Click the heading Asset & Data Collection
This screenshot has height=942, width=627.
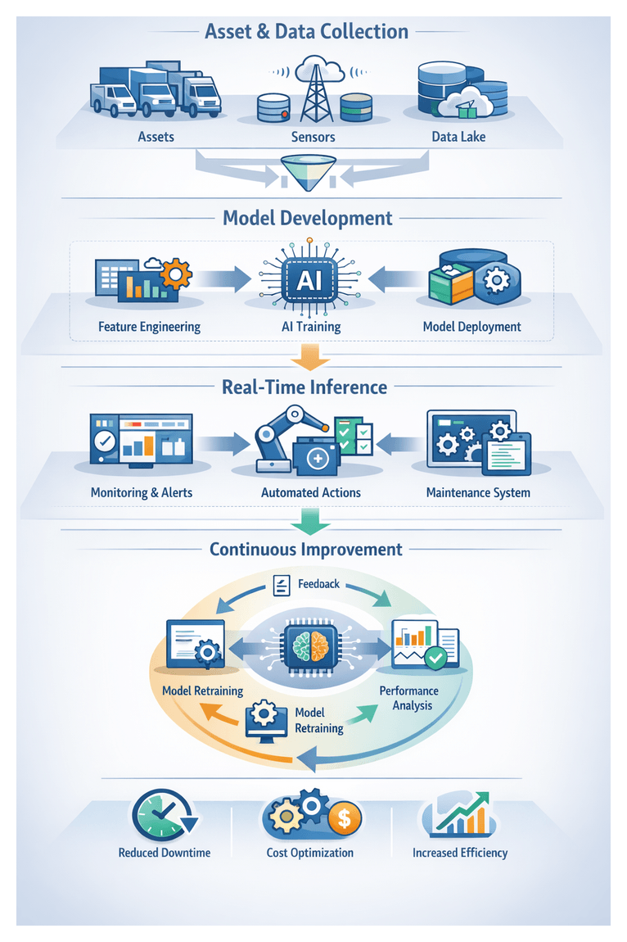coord(306,32)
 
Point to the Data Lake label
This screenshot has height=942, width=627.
coord(458,137)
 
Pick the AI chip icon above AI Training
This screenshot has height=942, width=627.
coord(309,280)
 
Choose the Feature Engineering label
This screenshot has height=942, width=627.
coord(149,326)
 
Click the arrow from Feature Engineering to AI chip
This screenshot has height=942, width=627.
coord(223,279)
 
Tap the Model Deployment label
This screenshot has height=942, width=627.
coord(471,326)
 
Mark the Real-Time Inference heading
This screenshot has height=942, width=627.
coord(304,387)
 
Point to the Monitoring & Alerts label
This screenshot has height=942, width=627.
coord(142,492)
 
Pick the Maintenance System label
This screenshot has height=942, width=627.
coord(478,492)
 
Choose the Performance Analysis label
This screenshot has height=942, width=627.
coord(408,698)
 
